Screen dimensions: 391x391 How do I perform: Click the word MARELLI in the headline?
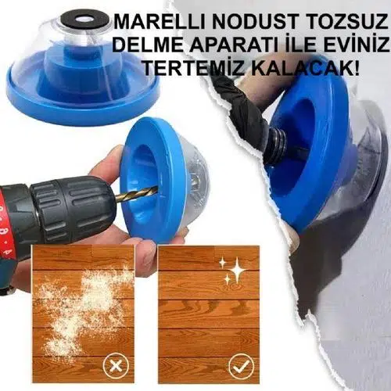pyautogui.click(x=160, y=21)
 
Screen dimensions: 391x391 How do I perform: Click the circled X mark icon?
pyautogui.click(x=116, y=365)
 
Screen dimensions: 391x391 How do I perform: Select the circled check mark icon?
pyautogui.click(x=242, y=365)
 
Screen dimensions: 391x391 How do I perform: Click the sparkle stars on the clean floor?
pyautogui.click(x=233, y=271)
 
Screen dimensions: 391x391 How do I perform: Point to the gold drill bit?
pyautogui.click(x=137, y=194)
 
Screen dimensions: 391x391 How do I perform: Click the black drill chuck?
pyautogui.click(x=72, y=206)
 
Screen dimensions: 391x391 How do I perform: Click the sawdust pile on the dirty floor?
pyautogui.click(x=84, y=305)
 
